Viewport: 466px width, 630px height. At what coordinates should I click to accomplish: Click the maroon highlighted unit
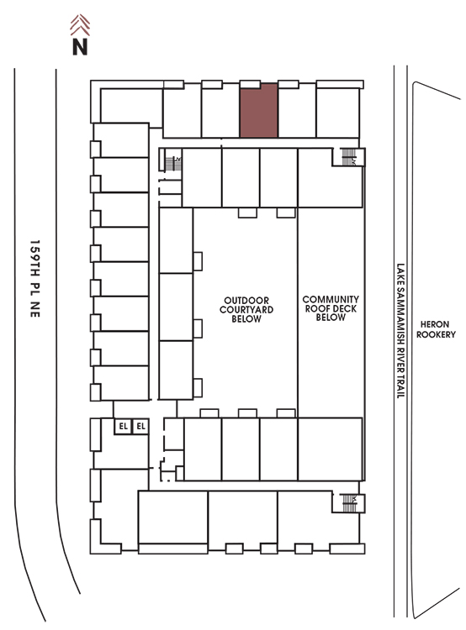pos(259,111)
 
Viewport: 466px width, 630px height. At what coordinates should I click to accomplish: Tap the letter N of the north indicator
pos(80,46)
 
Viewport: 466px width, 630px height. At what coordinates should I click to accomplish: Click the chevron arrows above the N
pos(80,25)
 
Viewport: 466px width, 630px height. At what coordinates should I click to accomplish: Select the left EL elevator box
pos(123,426)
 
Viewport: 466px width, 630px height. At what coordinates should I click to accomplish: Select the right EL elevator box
pos(140,426)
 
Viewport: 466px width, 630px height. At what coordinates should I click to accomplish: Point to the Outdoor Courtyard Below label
pos(246,310)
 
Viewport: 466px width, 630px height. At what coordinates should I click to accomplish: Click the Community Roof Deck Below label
pos(331,308)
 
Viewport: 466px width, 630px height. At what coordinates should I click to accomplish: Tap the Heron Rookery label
pos(436,329)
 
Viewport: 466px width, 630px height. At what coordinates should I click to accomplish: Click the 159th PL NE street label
pos(35,279)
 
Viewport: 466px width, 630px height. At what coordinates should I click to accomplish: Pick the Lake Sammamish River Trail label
pos(400,331)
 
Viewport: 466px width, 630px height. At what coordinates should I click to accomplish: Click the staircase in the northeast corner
pos(348,157)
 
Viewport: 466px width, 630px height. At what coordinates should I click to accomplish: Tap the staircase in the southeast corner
pos(349,503)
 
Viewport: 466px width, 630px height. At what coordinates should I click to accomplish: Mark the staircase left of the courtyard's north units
pos(173,163)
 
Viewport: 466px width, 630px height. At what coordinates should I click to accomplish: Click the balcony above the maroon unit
pos(250,84)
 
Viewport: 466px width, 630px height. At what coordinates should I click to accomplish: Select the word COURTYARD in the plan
pos(246,310)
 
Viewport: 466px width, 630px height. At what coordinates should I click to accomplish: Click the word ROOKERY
pos(436,334)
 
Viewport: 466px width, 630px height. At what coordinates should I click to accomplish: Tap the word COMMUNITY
pos(331,299)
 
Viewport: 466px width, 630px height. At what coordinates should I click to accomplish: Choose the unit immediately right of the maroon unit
pos(297,111)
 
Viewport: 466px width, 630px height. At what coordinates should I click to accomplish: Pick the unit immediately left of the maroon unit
pos(220,111)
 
